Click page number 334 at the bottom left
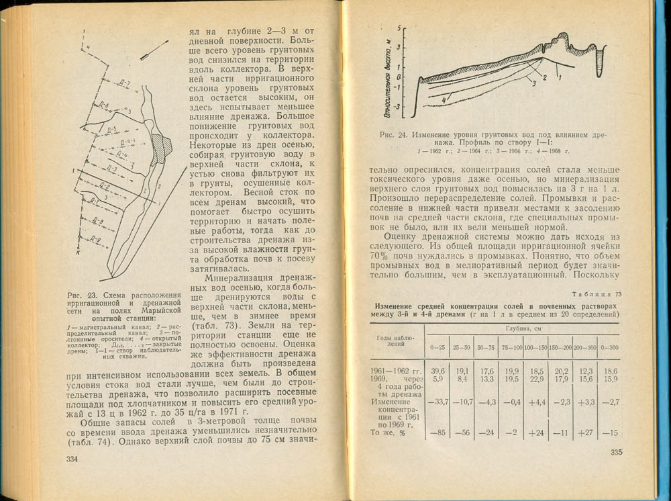[70, 459]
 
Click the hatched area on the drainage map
[162, 144]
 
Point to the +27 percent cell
[583, 433]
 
